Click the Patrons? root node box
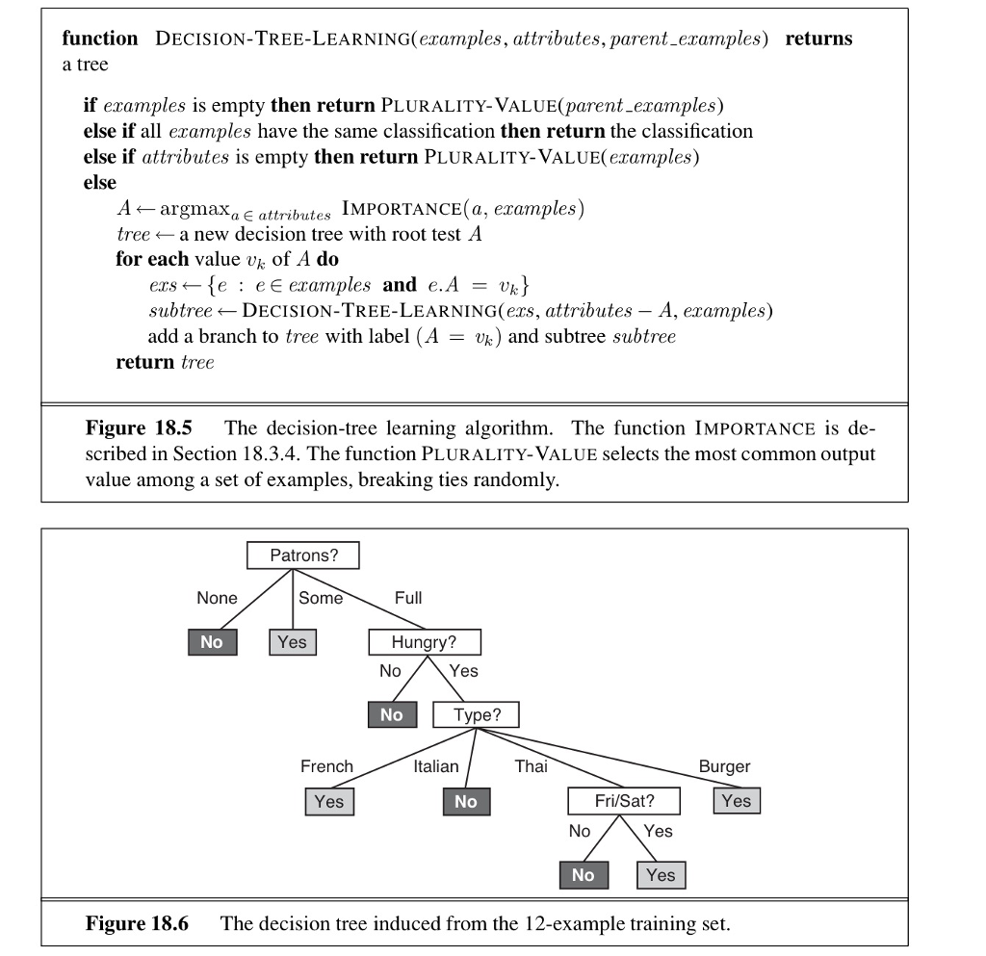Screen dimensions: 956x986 click(301, 556)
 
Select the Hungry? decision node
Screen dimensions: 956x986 click(424, 642)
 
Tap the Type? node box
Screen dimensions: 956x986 click(475, 715)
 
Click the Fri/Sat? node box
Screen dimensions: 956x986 click(623, 800)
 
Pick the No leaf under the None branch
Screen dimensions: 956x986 click(211, 642)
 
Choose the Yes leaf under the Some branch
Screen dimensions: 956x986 click(292, 642)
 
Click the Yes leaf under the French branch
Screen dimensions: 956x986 click(328, 801)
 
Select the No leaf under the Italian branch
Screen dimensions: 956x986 click(466, 801)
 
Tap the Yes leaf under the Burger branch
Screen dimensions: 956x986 click(737, 800)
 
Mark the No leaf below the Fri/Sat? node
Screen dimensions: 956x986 click(583, 874)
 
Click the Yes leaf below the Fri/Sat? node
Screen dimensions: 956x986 click(661, 874)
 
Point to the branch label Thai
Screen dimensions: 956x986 click(531, 766)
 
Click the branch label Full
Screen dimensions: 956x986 click(408, 598)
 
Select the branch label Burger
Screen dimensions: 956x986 click(724, 766)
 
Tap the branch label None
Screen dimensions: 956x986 click(217, 598)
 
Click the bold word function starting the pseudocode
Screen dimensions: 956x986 click(100, 39)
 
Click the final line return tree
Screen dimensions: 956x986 click(165, 362)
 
